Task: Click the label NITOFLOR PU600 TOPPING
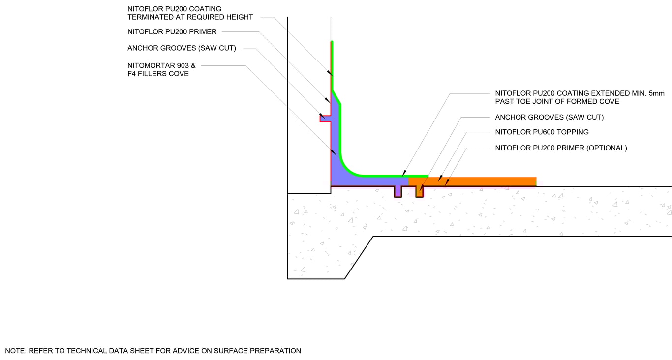[x=542, y=132]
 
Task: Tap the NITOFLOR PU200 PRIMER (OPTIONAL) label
[x=561, y=148]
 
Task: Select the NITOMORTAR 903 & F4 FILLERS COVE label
[x=161, y=70]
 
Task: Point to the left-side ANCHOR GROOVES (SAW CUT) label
[x=182, y=48]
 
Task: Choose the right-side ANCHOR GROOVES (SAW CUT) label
[x=550, y=117]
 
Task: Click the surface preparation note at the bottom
[x=153, y=351]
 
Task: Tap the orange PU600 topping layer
[x=472, y=181]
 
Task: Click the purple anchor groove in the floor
[x=398, y=191]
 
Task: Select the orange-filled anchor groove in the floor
[x=420, y=191]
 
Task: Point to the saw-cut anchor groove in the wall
[x=325, y=119]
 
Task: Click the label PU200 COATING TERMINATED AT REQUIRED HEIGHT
[x=190, y=13]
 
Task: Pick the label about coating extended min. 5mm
[x=580, y=97]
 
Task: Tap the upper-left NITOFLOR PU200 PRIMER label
[x=172, y=32]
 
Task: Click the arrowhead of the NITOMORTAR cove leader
[x=334, y=152]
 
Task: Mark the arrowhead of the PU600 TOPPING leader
[x=440, y=178]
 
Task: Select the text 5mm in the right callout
[x=657, y=93]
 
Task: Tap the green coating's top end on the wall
[x=332, y=41]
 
